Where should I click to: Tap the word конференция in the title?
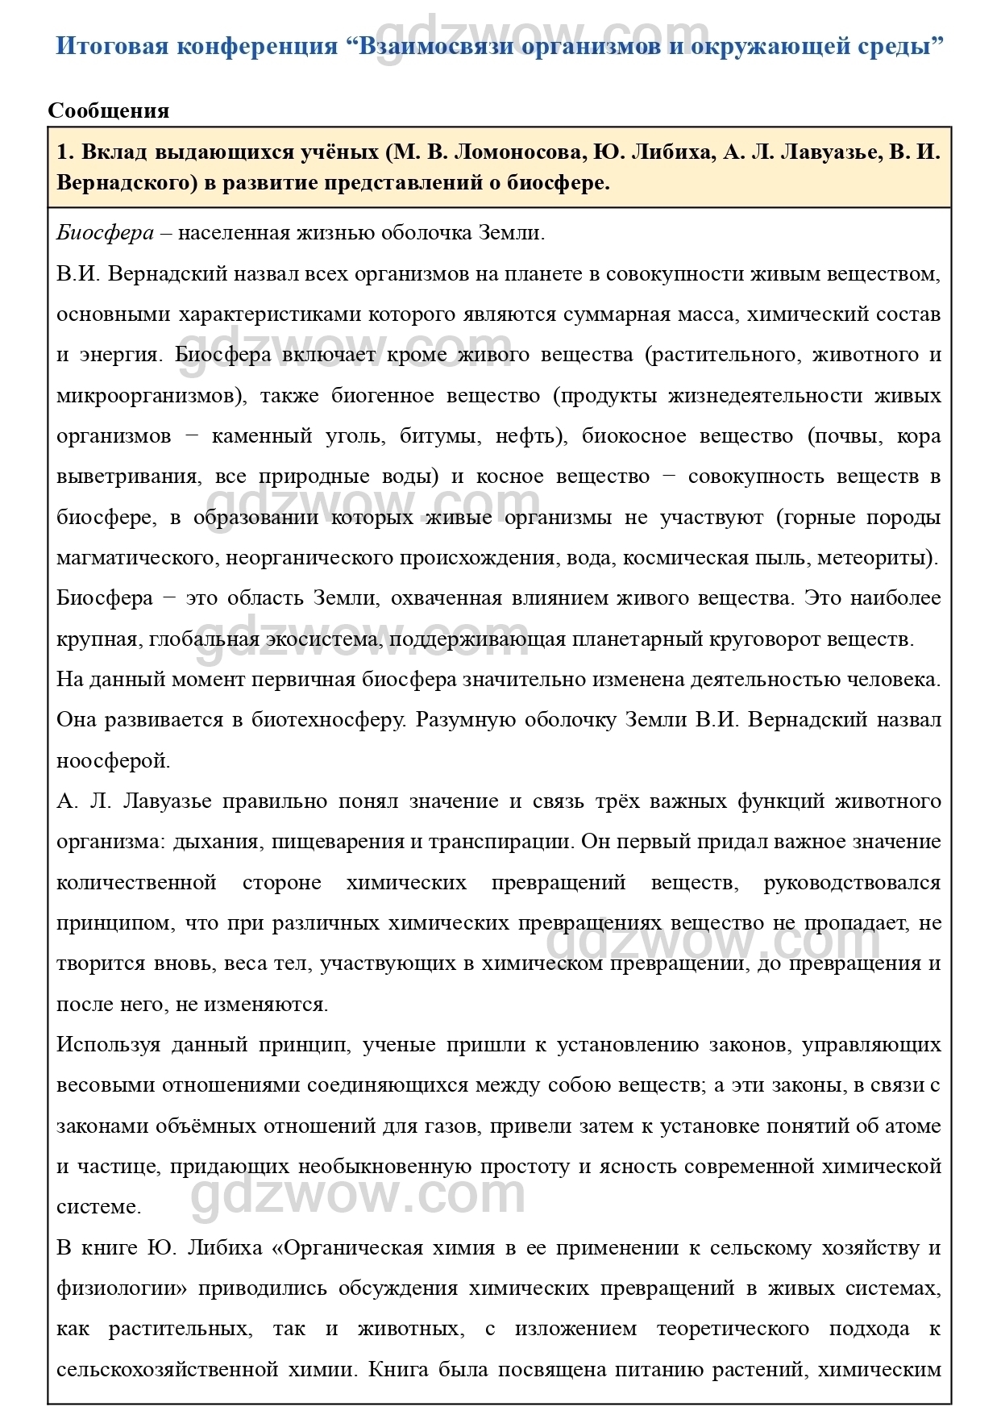257,46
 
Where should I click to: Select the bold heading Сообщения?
109,110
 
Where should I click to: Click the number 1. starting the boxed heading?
65,152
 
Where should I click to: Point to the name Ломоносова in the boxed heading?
516,152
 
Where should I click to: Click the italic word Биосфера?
105,233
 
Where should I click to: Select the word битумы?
436,436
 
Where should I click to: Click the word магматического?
136,558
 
